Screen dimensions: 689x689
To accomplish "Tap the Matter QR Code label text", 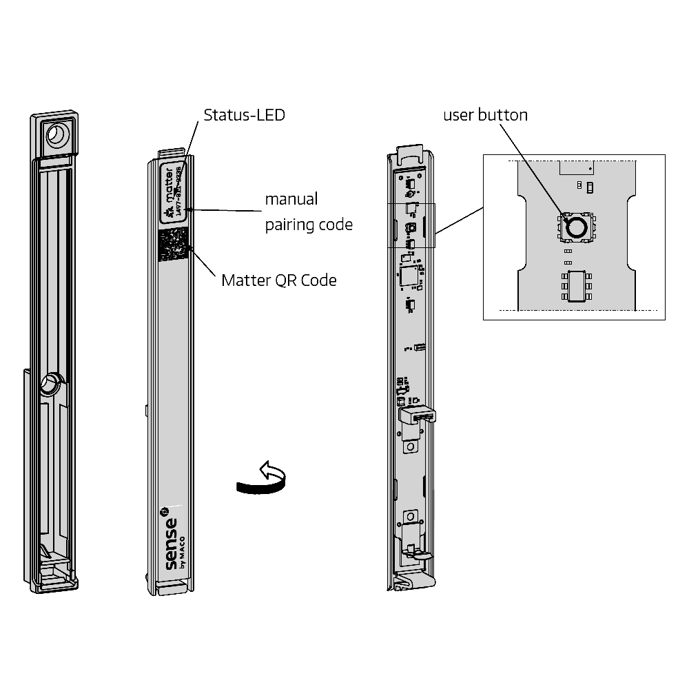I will [280, 280].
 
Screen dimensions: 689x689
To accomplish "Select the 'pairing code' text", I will [309, 225].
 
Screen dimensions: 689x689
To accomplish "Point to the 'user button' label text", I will [484, 114].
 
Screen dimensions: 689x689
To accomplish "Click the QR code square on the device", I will [173, 245].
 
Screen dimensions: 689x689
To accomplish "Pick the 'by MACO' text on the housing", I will [181, 551].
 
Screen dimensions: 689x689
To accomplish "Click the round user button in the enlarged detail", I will [576, 226].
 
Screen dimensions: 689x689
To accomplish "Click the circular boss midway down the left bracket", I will [50, 384].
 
